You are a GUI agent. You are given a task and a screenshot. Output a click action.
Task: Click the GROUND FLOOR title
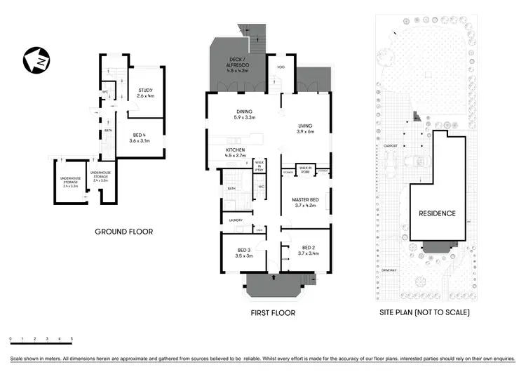[x=124, y=232]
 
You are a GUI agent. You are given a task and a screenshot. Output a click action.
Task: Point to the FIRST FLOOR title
[x=272, y=313]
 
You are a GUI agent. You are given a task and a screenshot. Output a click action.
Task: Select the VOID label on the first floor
[x=280, y=67]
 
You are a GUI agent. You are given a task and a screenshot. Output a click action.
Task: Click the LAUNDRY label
[x=235, y=220]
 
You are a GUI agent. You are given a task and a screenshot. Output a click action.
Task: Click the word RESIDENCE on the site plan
[x=437, y=213]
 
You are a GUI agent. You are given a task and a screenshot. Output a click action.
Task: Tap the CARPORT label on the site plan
[x=391, y=146]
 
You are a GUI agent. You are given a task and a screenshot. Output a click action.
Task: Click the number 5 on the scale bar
[x=71, y=340]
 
